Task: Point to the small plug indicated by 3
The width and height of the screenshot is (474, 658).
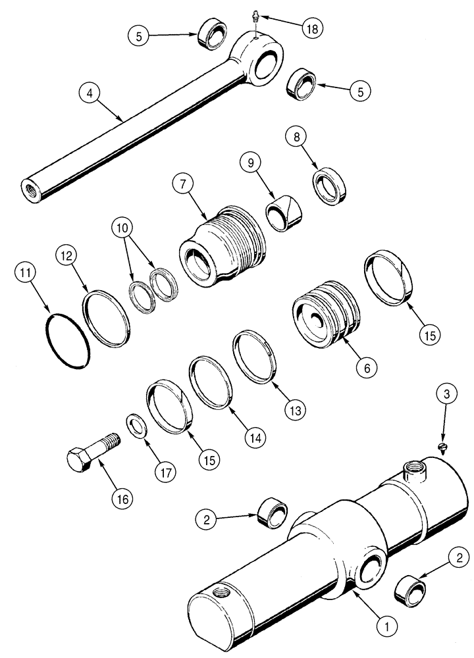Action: tap(443, 448)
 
